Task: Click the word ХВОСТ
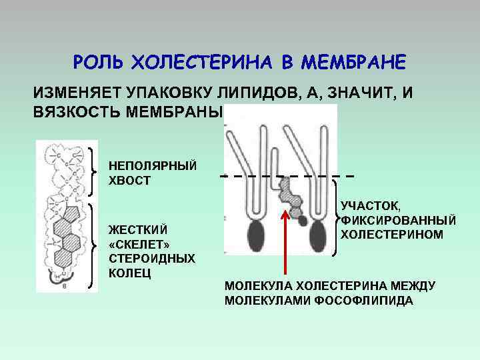129,180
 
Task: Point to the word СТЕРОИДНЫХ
151,258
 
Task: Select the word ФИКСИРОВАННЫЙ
398,221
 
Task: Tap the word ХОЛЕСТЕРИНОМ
391,234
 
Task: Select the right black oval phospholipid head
317,237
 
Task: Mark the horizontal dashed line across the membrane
287,177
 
